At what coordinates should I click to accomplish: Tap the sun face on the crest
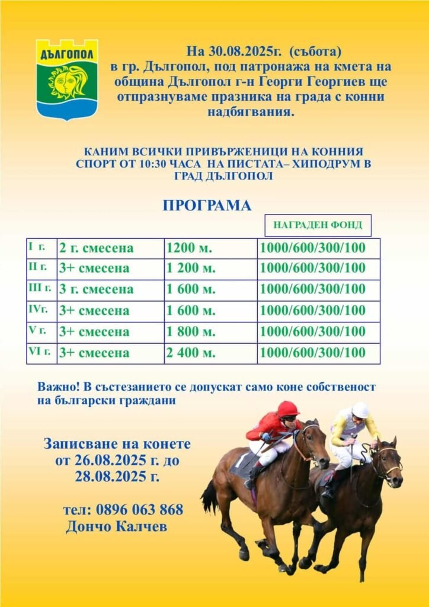(68, 83)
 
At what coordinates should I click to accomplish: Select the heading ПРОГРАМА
(207, 205)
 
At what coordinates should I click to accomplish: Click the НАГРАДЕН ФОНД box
(318, 225)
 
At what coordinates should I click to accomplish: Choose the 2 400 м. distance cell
(191, 353)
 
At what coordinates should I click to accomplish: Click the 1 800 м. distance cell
(191, 332)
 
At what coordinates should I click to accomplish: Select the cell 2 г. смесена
(97, 248)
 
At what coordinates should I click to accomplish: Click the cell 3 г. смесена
(97, 290)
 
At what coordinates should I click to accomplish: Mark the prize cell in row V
(313, 332)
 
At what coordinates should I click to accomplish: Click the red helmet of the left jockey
(288, 408)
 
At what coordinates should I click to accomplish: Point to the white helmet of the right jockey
(360, 410)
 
